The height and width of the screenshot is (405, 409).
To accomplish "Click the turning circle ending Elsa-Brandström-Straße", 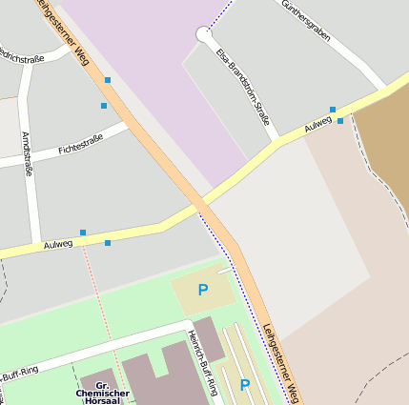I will pos(203,34).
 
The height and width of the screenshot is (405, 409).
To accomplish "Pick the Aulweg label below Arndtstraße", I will pos(58,245).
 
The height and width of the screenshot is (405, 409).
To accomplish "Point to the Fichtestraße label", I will pos(80,147).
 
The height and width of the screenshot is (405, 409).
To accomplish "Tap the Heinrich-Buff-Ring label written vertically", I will pos(202,362).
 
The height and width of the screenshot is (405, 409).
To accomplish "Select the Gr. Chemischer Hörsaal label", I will pos(103,392).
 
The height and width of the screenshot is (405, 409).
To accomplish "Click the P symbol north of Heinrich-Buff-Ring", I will pos(202,290).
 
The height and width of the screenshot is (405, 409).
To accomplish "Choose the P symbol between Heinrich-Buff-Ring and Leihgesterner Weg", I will pos(244,384).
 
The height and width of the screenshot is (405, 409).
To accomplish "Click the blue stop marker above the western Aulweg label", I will pos(83,233).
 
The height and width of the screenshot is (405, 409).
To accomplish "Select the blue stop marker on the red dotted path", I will pos(107,243).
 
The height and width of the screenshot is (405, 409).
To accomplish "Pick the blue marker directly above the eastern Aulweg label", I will pos(333,110).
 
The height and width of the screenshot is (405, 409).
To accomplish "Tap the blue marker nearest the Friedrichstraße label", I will pos(108,80).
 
